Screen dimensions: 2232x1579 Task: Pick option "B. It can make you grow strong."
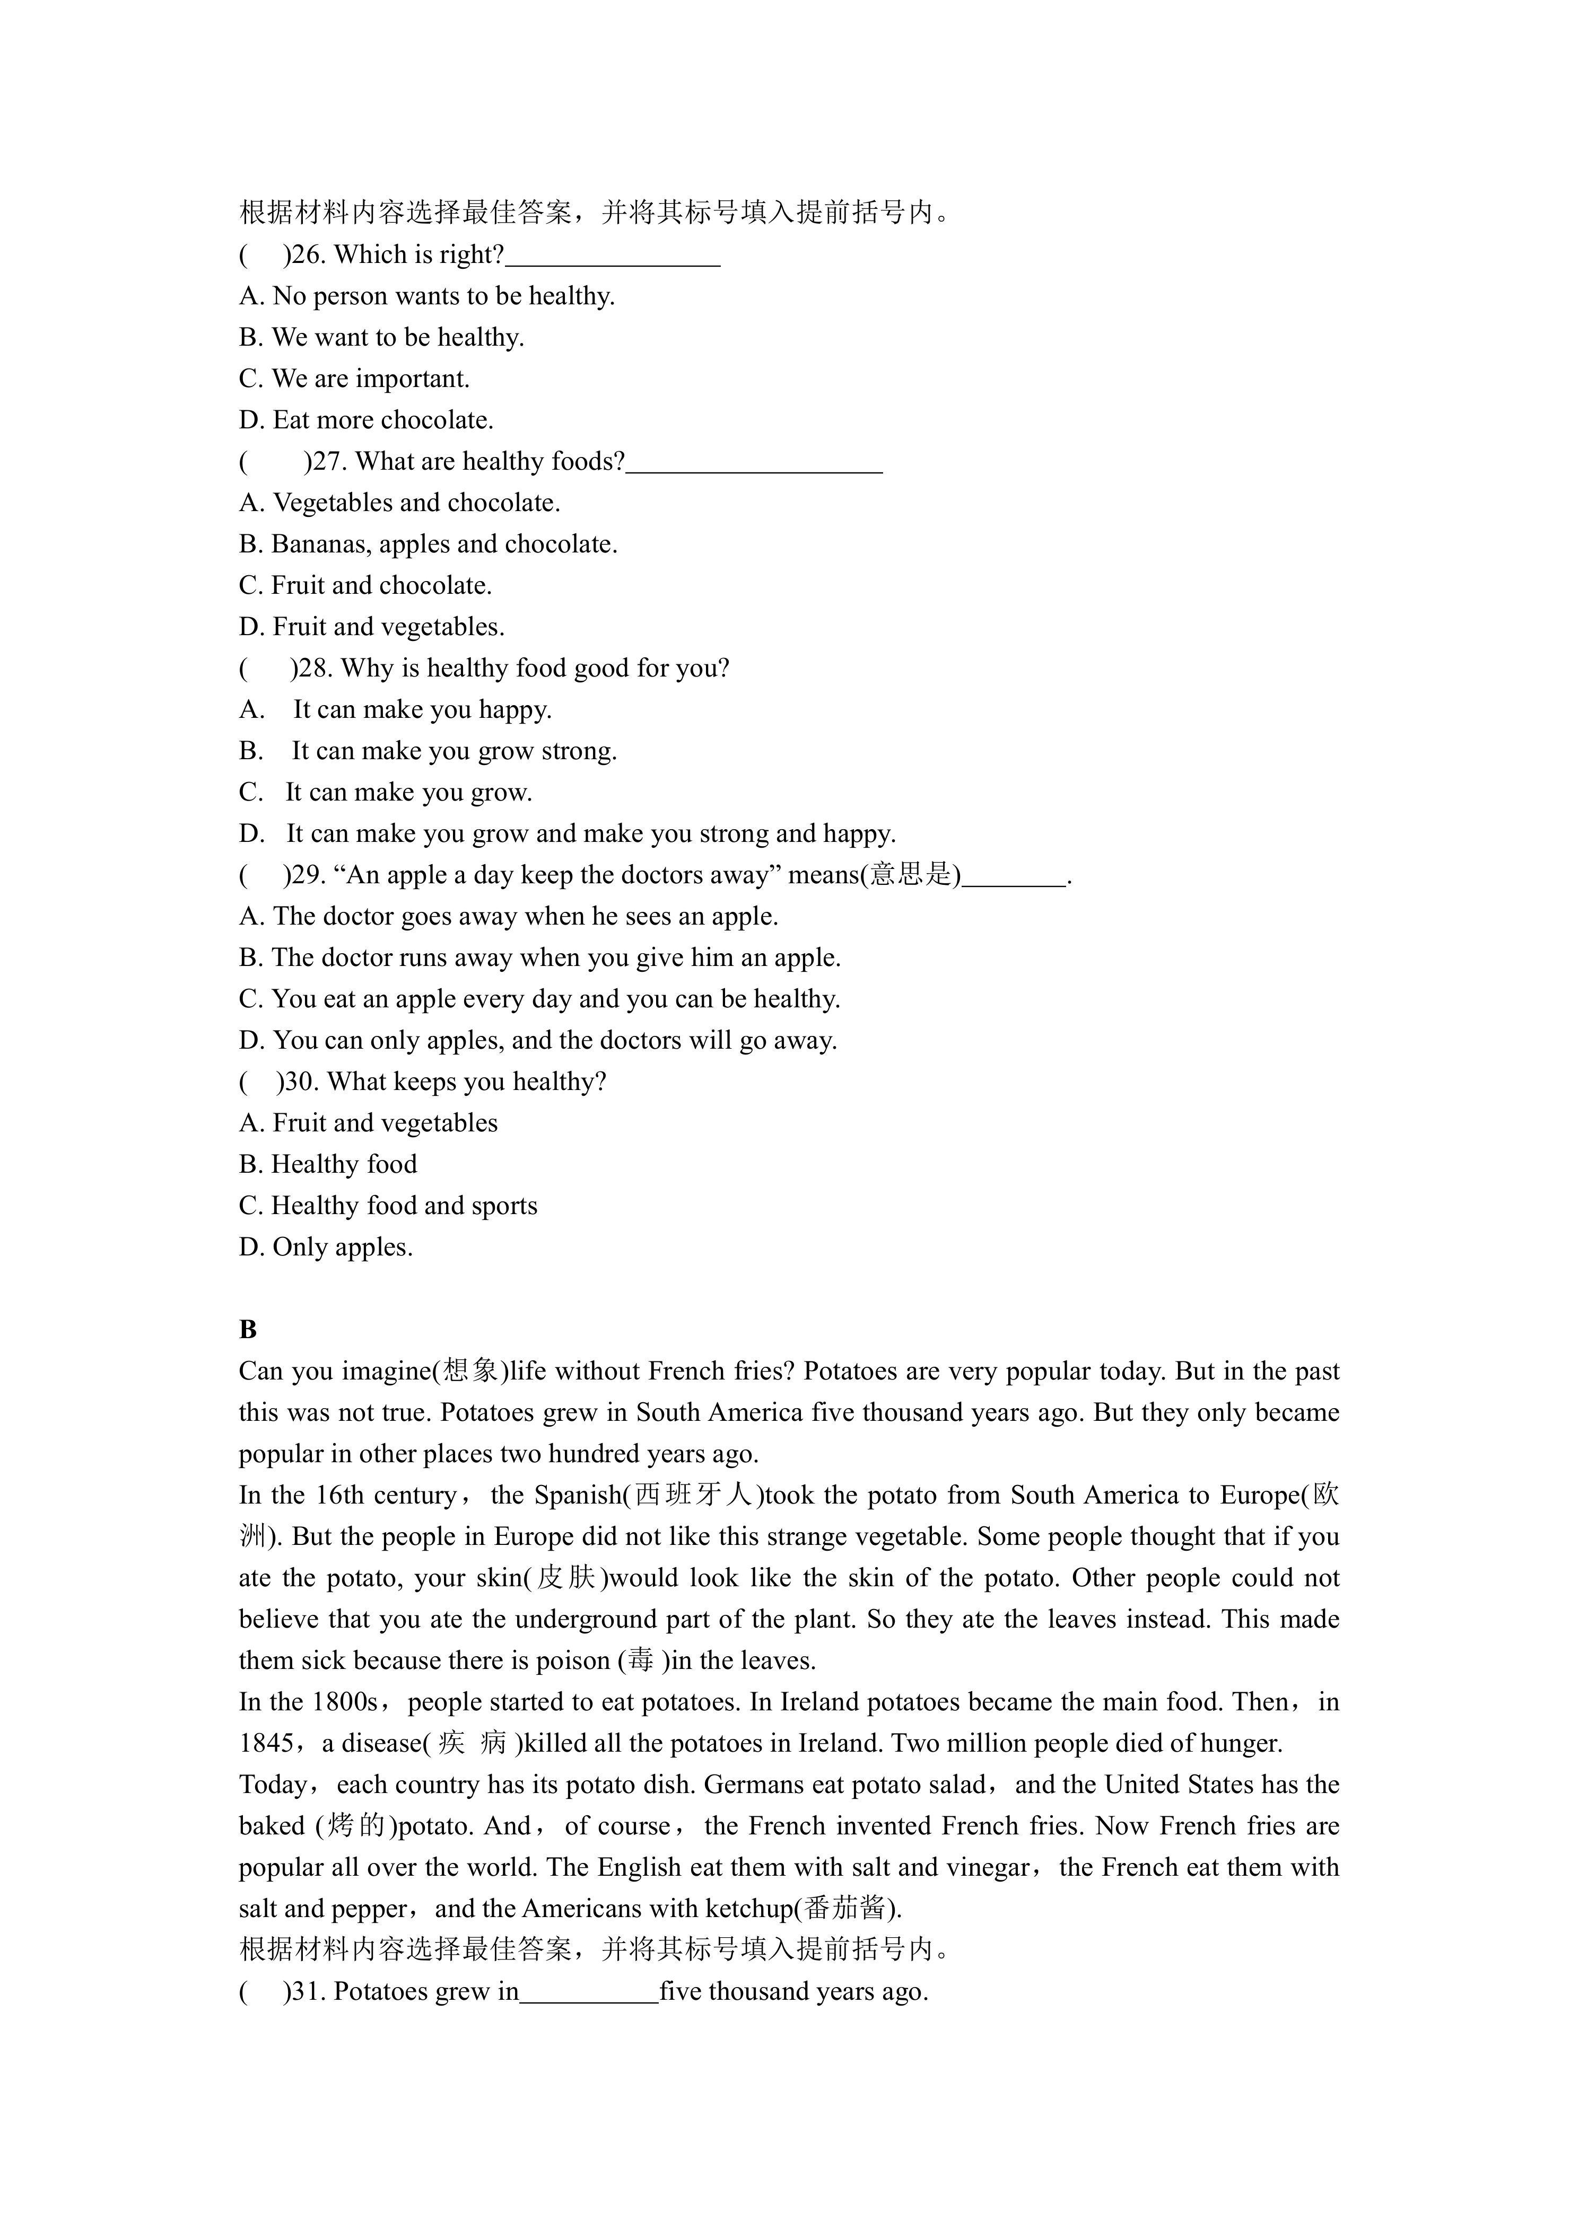(x=428, y=751)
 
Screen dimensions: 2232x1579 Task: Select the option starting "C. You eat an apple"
(x=539, y=999)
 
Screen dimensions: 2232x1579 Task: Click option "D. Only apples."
(x=326, y=1247)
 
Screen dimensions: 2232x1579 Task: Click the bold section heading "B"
(x=248, y=1330)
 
